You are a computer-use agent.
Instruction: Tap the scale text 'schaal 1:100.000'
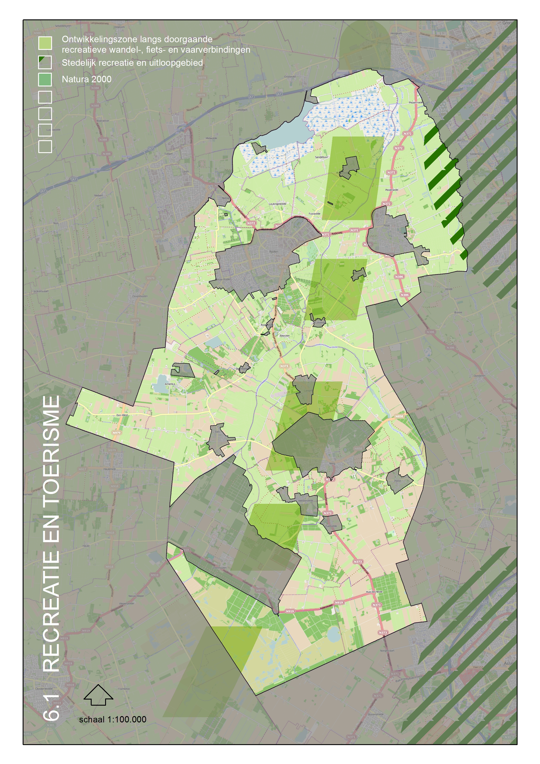[113, 719]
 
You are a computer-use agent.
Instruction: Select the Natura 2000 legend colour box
[45, 79]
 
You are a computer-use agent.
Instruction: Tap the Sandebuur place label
[321, 157]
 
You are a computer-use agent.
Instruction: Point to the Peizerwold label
[392, 190]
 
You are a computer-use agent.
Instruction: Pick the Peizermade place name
[416, 103]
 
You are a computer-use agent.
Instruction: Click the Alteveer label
[284, 336]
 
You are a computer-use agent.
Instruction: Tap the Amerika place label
[170, 384]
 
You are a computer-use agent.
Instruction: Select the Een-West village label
[122, 415]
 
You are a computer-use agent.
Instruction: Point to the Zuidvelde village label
[331, 526]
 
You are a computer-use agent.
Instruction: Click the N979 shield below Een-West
[116, 433]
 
